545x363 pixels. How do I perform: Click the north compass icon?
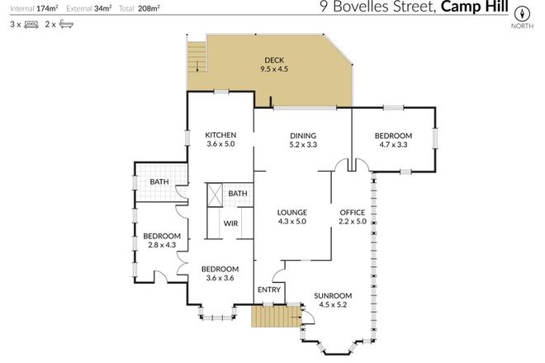coord(521,14)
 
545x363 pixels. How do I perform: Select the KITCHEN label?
coord(220,135)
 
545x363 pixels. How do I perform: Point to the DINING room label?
coord(303,136)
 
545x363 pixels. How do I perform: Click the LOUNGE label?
coord(291,212)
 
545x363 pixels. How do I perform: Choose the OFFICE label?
coord(353,212)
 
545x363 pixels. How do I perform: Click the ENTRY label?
coord(269,290)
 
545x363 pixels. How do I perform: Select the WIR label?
coord(231,224)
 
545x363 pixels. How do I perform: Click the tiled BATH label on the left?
coord(159,182)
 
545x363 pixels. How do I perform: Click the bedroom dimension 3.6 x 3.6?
coord(220,279)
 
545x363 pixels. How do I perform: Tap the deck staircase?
coord(197,58)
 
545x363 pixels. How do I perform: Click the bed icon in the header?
coord(29,26)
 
